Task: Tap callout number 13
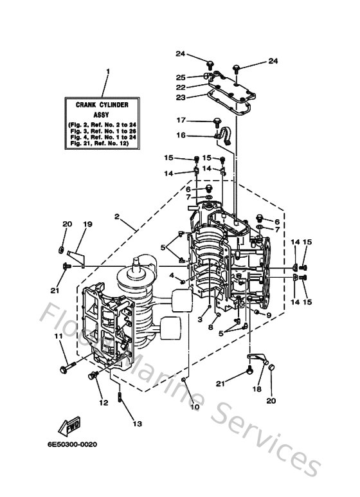(x=136, y=424)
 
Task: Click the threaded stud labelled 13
(x=120, y=395)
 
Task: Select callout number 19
(x=87, y=224)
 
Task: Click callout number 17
(x=181, y=120)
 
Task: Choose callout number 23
(x=181, y=98)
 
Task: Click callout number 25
(x=181, y=77)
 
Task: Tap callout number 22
(x=181, y=87)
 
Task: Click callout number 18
(x=258, y=390)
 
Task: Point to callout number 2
(x=118, y=218)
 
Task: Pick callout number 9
(x=269, y=315)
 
